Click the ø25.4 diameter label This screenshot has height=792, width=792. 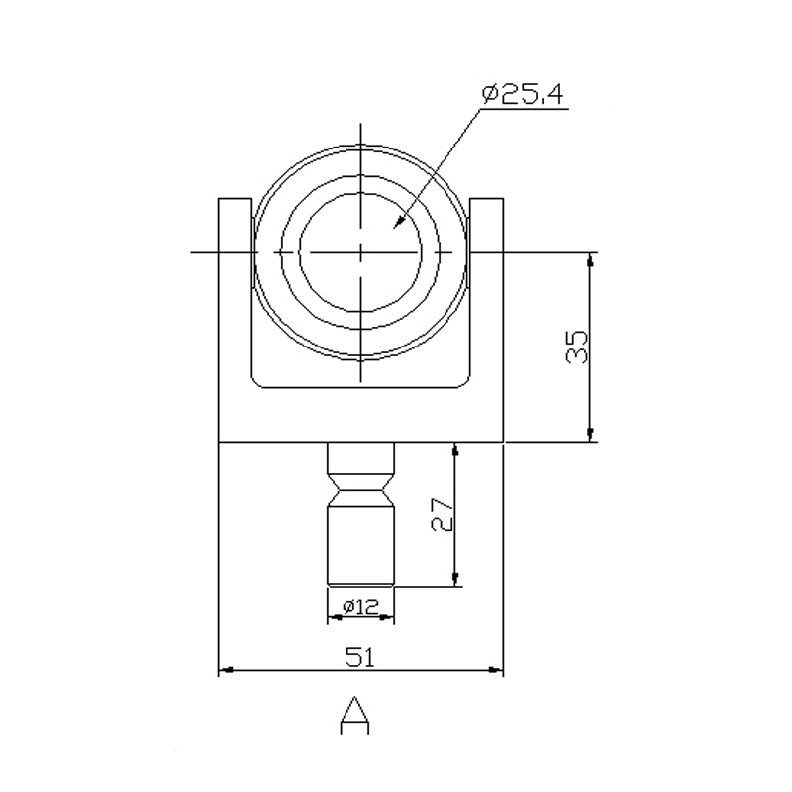point(523,95)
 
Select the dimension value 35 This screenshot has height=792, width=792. point(577,347)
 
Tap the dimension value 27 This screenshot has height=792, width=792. point(442,514)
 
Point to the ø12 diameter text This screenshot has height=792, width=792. point(360,606)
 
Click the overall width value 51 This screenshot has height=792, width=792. point(360,656)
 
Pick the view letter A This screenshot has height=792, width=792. point(354,715)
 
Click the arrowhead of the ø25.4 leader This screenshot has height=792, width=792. point(400,222)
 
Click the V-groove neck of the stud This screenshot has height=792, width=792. point(360,490)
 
